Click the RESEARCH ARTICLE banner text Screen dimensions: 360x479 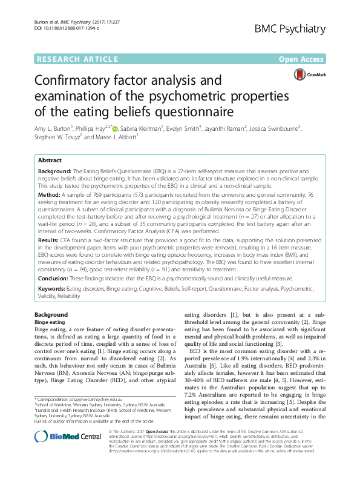[x=77, y=59]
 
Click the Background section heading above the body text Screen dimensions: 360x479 [x=51, y=315]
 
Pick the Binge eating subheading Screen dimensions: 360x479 [x=49, y=322]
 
